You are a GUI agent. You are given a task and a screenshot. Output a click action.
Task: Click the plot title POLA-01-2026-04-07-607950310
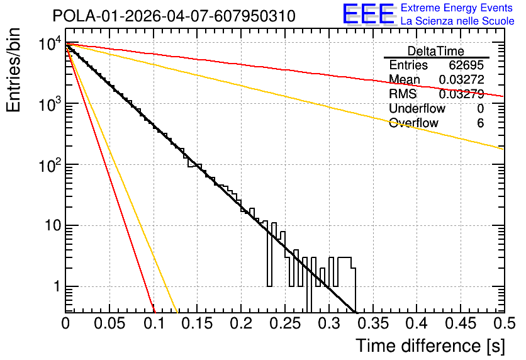coord(174,16)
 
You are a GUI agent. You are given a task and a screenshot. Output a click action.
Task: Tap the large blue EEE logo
coord(368,14)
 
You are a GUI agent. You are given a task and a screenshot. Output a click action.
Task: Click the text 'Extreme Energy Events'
coord(456,8)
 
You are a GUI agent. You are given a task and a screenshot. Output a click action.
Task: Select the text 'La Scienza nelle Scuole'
coord(457,21)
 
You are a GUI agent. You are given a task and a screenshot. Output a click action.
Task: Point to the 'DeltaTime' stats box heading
coord(435,51)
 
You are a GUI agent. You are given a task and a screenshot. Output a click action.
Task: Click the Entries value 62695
coord(466,65)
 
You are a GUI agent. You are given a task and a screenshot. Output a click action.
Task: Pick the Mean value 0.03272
coord(462,79)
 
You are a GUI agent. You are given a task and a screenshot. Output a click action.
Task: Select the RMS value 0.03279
coord(462,94)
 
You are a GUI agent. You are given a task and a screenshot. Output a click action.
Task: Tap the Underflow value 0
coord(480,108)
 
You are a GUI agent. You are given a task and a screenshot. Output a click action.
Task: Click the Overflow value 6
coord(480,123)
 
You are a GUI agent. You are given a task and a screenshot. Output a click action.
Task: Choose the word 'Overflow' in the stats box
coord(413,123)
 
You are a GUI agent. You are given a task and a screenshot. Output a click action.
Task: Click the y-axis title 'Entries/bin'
coord(13,70)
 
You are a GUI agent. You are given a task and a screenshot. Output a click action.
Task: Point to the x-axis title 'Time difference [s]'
coord(430,346)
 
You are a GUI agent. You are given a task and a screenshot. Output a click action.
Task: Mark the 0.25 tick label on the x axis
coord(284,323)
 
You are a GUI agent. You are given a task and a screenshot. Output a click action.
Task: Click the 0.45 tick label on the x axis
coord(461,323)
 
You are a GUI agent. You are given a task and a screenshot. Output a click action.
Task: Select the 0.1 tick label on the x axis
coord(154,323)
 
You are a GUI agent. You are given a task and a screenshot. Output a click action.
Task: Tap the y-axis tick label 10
coord(53,225)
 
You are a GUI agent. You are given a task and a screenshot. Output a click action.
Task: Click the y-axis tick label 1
coord(57,286)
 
